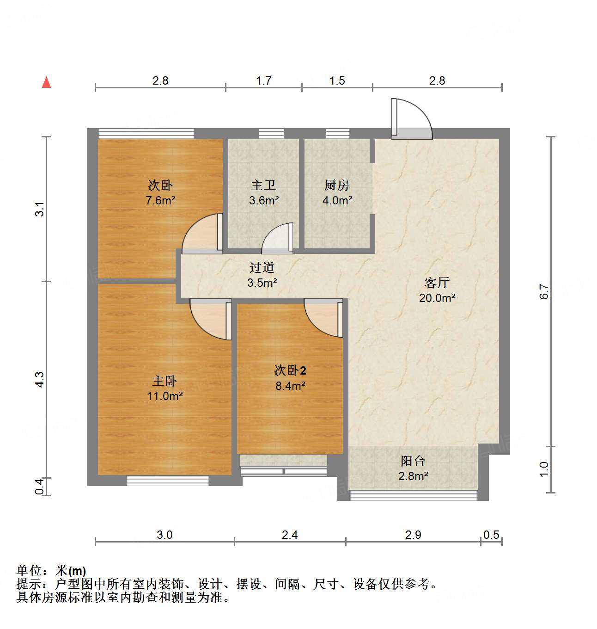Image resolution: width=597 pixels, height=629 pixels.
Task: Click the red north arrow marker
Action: pos(46,82)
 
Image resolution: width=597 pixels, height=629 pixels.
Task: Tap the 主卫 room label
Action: pos(263,185)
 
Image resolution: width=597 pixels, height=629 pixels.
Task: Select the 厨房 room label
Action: pos(336,185)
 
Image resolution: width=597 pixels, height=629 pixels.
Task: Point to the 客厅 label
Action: pos(437,283)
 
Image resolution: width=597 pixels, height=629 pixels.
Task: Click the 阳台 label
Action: pos(413,461)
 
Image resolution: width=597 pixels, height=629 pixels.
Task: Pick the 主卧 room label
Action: pos(164,381)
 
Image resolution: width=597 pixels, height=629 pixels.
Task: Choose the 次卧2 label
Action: pos(290,370)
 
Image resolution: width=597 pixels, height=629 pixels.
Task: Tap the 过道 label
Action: pos(262,267)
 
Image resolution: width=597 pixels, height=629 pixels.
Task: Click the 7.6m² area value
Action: pos(160,201)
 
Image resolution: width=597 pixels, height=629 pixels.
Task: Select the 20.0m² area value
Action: pos(437,298)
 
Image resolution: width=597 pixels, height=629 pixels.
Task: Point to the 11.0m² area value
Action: pos(165,396)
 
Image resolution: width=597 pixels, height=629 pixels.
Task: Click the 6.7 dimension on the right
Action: pos(544,291)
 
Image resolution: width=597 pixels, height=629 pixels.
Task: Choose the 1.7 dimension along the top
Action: pos(263,81)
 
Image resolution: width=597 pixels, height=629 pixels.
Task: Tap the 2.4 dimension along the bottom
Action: pos(290,535)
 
